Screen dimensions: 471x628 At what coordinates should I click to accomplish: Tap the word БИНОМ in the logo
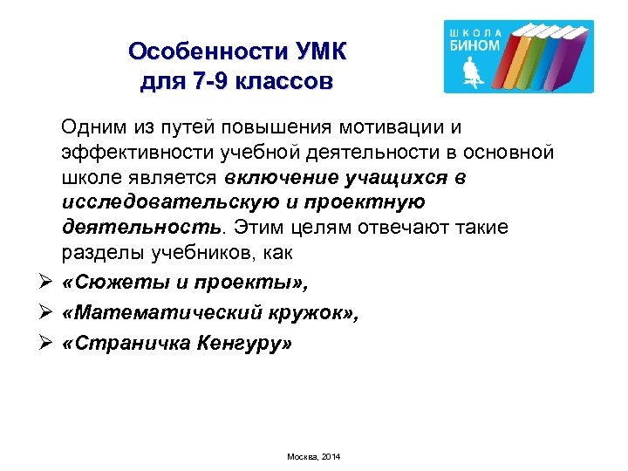pyautogui.click(x=474, y=45)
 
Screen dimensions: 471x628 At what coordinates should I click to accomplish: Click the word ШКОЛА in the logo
pyautogui.click(x=474, y=31)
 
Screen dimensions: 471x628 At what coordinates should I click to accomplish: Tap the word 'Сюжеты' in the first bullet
pyautogui.click(x=113, y=283)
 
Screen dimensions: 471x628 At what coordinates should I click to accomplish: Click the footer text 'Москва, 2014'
pyautogui.click(x=313, y=456)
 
